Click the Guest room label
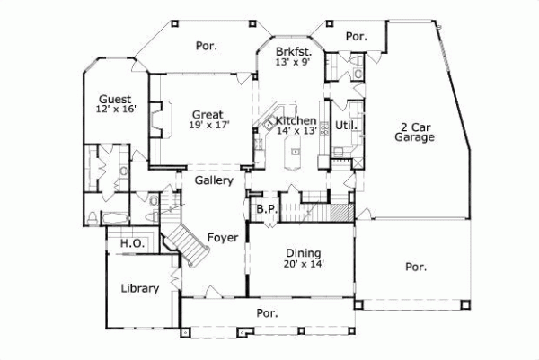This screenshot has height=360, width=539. point(116,99)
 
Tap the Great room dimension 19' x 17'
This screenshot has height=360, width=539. point(206,126)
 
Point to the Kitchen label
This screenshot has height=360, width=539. point(296,120)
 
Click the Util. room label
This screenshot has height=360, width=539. point(347,125)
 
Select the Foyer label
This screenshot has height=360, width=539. point(222,237)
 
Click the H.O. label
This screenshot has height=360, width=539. point(120,242)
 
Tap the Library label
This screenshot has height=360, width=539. point(139,288)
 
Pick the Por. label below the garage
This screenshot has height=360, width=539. point(415,267)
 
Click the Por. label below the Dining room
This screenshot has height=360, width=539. point(267,313)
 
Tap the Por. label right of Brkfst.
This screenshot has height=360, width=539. point(358,36)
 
